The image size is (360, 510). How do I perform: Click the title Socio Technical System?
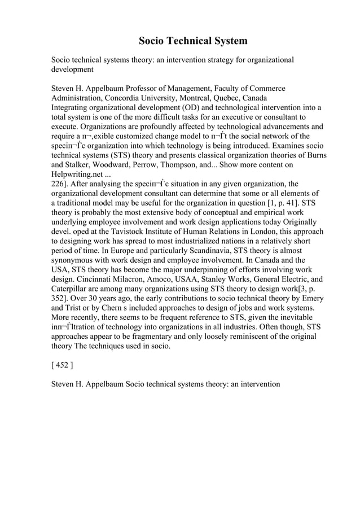(x=193, y=41)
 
